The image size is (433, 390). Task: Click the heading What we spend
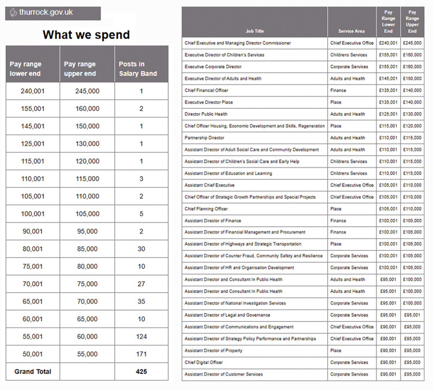86,35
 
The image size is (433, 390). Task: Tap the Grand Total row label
32,372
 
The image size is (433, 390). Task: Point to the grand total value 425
141,372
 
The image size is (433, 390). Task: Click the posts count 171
141,354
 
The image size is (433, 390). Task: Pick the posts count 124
141,336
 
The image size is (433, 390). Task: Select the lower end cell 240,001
32,91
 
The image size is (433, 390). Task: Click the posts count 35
141,302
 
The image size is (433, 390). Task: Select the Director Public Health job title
206,114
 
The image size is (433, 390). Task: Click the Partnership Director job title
204,138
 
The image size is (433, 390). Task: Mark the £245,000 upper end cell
412,43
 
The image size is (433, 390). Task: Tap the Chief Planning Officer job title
206,209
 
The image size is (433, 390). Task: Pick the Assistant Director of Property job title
214,351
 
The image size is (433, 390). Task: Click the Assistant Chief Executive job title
210,185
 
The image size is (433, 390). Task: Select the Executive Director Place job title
209,102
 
